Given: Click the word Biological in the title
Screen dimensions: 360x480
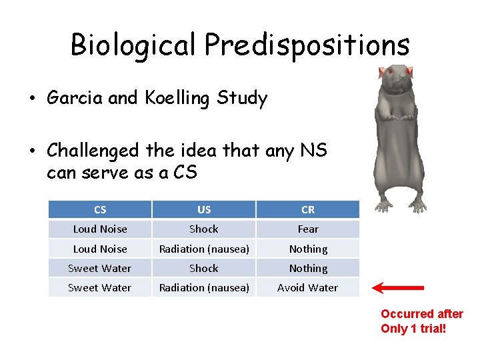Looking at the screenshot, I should tap(133, 45).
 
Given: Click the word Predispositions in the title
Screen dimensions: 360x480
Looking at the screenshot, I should tap(307, 45).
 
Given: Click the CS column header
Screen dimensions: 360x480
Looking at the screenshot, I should tap(100, 209).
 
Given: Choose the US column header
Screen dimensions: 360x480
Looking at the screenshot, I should tap(204, 209).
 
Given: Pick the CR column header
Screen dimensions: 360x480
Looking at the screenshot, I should tap(308, 209).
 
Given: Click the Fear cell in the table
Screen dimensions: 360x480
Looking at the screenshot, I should tap(308, 229).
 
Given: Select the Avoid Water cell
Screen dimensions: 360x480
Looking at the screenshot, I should tap(308, 288).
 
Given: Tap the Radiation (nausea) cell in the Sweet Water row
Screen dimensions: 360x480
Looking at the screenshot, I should tap(204, 288).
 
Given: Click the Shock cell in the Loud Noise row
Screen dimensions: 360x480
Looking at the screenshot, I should tap(204, 229).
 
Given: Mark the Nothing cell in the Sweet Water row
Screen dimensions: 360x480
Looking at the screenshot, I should tap(308, 268).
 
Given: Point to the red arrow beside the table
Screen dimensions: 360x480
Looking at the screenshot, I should tap(398, 288).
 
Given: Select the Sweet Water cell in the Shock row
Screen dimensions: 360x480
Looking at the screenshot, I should tap(100, 268).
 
